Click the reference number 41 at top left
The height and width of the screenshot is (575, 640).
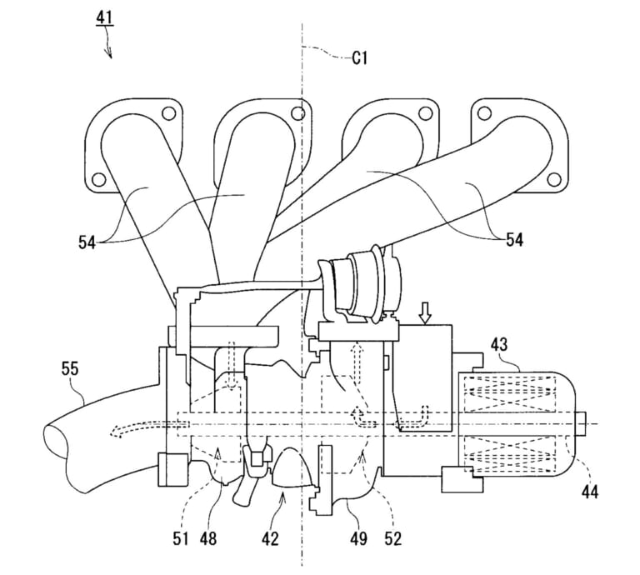point(104,18)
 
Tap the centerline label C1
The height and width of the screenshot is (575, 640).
point(360,58)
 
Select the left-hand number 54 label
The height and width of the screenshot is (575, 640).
point(87,242)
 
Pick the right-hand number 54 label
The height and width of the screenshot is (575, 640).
point(514,239)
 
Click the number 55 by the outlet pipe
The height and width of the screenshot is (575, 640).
point(70,368)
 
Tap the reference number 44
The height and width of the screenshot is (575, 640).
point(590,492)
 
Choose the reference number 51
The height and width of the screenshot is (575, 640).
point(180,539)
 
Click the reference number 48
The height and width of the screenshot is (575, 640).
point(208,539)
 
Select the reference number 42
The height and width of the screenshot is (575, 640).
point(270,539)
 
